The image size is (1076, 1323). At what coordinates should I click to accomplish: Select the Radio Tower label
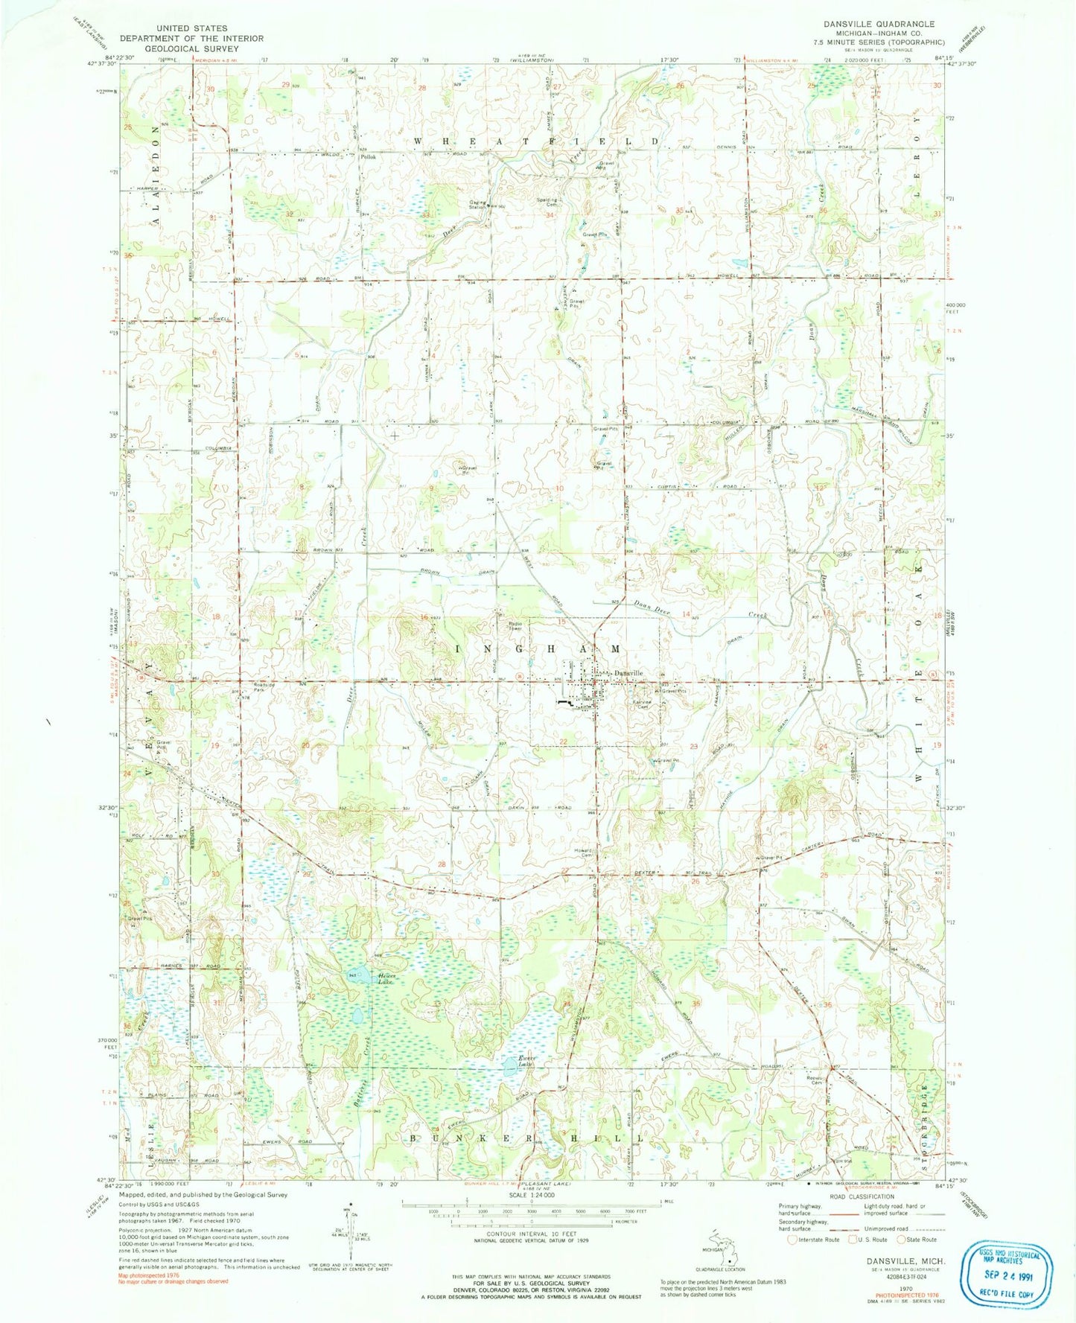(515, 626)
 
